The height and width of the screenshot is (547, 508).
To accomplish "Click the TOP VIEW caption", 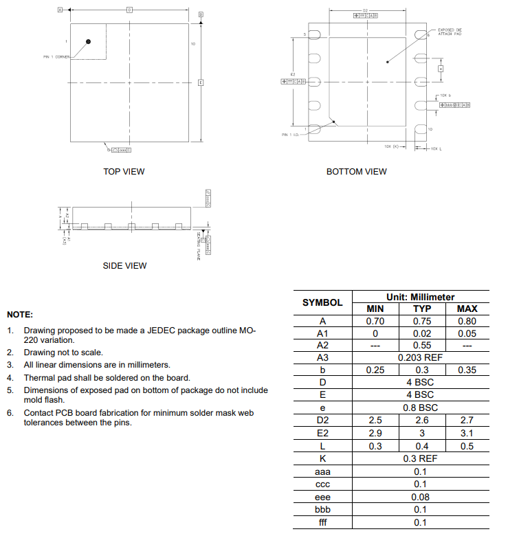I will click(124, 171).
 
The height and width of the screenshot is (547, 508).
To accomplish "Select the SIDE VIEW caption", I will click(124, 266).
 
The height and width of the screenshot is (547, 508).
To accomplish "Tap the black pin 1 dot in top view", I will click(89, 43).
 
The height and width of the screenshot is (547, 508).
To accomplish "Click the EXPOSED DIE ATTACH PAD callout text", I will click(450, 32).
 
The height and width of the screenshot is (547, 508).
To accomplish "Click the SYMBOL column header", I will click(322, 302).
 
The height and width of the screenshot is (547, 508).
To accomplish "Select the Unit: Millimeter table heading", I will click(420, 297).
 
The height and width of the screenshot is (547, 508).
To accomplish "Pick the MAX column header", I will click(467, 309).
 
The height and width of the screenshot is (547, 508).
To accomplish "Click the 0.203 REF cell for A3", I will click(420, 358).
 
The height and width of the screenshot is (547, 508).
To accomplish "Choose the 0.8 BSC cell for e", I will click(420, 408).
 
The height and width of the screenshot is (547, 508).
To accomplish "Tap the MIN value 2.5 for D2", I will click(375, 421).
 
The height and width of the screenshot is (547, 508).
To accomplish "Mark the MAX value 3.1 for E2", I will click(467, 433).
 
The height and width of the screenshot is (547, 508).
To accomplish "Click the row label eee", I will click(322, 497).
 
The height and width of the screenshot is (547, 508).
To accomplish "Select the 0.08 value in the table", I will click(420, 497).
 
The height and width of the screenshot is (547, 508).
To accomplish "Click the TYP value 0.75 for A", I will click(421, 321).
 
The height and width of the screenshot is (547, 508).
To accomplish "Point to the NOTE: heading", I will click(20, 314).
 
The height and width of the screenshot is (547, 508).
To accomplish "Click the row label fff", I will click(322, 522).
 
